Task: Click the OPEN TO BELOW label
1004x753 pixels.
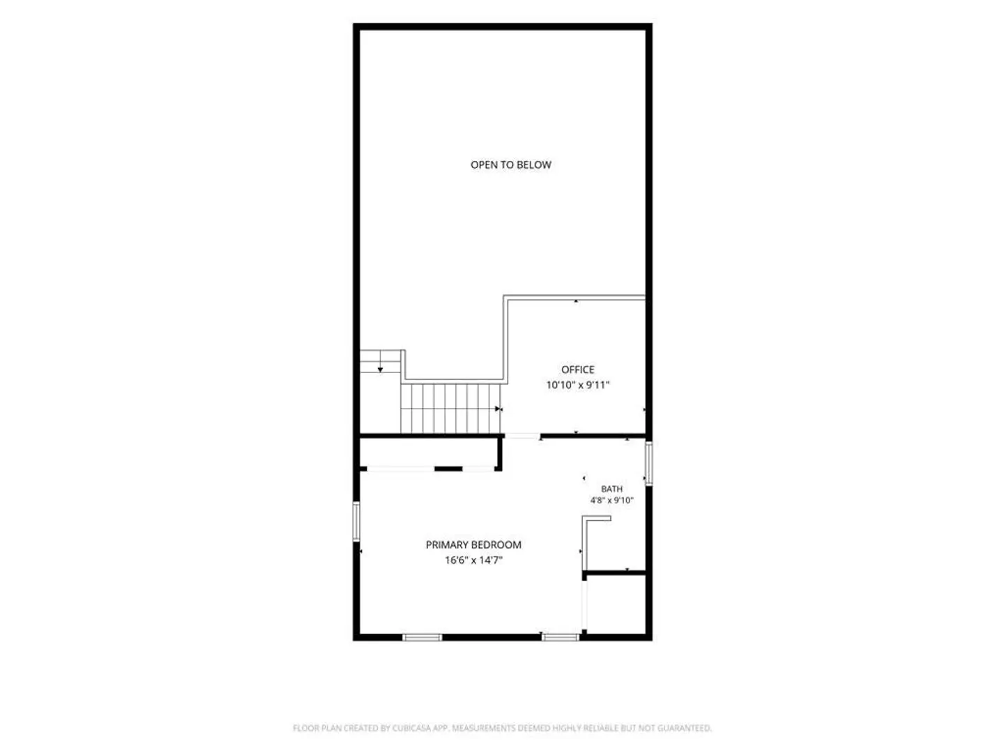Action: (510, 165)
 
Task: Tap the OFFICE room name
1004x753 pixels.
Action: (578, 370)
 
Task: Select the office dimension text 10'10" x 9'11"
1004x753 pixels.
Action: (578, 385)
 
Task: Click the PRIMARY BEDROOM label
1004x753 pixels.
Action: (473, 545)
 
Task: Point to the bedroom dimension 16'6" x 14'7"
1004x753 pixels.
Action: (474, 560)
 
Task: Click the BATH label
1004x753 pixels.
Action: (611, 489)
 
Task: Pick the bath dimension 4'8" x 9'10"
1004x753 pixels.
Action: (611, 500)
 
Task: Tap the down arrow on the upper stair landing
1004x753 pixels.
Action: (380, 370)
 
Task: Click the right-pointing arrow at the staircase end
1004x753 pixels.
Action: (498, 409)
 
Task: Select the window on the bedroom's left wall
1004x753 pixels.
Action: (356, 522)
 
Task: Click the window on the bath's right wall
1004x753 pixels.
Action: (648, 463)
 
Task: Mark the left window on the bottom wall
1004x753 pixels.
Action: (423, 637)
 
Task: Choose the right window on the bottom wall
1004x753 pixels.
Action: (561, 637)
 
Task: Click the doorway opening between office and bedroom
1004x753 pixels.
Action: (522, 436)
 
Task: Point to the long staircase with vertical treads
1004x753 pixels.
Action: (450, 409)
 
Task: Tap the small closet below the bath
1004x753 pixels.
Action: (616, 604)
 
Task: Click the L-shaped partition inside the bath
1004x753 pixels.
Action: (584, 543)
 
